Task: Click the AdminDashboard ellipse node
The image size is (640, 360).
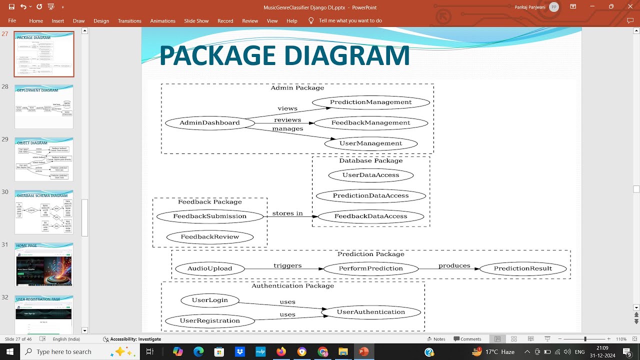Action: coord(209,122)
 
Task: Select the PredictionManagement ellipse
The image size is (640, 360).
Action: coord(370,102)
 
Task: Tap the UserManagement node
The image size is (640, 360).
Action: coord(370,143)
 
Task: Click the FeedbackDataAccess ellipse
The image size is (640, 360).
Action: coord(370,216)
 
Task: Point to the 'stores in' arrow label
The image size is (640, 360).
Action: coord(287,213)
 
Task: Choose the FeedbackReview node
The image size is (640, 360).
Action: coord(209,237)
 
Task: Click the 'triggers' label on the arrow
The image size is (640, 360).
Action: coord(287,265)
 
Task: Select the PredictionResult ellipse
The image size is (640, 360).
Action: coord(522,268)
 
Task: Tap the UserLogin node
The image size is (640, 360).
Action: coord(210,300)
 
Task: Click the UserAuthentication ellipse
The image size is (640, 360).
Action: coord(370,312)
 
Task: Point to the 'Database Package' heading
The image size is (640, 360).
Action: coord(370,160)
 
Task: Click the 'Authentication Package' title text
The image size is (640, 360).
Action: coord(292,286)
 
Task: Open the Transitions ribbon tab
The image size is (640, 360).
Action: coord(129,21)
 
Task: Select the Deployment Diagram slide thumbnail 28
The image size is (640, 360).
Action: coord(44,107)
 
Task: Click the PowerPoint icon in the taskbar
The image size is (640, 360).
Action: coord(363,352)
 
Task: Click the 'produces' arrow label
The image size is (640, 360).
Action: coord(454,265)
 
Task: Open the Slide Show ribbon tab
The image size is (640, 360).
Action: coord(196,21)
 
